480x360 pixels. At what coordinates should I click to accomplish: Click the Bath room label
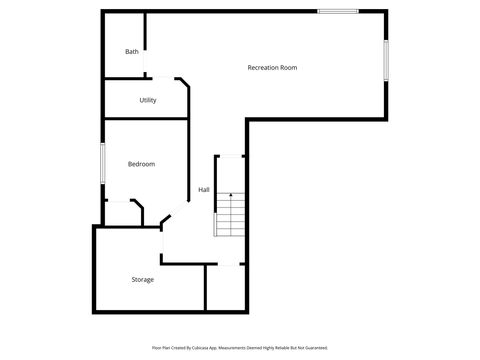pos(132,52)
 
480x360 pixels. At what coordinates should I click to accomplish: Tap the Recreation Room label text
pos(272,67)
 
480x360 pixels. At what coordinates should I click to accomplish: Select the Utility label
pos(147,100)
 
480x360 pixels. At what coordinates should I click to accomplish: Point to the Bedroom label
pos(141,164)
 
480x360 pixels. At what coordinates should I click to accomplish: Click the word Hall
pos(203,190)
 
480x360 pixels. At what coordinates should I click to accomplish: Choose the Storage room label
pos(142,279)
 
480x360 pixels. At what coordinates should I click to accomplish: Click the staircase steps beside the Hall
pos(230,213)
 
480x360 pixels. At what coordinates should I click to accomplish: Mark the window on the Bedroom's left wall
pos(103,163)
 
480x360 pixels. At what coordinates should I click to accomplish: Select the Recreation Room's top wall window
pos(338,11)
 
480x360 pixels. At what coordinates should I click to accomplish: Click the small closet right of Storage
pos(224,287)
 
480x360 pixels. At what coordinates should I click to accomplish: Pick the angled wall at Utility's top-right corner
pos(182,84)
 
